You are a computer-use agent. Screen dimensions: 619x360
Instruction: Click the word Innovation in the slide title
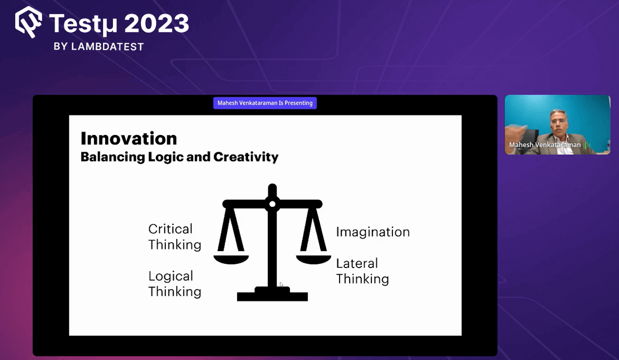click(x=129, y=138)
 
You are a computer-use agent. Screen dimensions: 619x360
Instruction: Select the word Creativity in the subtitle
click(x=246, y=157)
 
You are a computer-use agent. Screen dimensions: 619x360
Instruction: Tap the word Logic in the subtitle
click(x=166, y=157)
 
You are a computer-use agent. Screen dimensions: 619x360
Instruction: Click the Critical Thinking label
click(x=174, y=237)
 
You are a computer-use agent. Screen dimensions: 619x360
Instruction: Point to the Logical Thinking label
click(x=174, y=284)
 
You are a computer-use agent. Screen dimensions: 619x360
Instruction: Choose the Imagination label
click(x=373, y=232)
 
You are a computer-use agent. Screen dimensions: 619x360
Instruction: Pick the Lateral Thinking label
click(x=362, y=271)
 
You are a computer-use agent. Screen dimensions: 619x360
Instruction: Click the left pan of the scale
click(x=231, y=260)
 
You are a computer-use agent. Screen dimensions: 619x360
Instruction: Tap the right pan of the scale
click(x=313, y=260)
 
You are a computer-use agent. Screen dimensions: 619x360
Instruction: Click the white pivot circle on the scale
click(x=272, y=204)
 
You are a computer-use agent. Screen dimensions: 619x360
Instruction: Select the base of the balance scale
click(x=272, y=294)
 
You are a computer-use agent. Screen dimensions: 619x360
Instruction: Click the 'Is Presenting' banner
click(x=265, y=103)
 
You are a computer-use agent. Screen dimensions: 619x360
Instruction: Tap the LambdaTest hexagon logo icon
click(x=29, y=22)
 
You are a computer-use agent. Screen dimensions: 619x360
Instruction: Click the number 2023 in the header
click(x=157, y=23)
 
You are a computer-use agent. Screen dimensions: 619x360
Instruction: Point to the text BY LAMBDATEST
click(x=99, y=46)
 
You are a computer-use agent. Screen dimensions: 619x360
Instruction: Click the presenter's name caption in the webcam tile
click(x=545, y=145)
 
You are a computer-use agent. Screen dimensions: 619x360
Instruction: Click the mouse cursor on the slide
click(x=281, y=285)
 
